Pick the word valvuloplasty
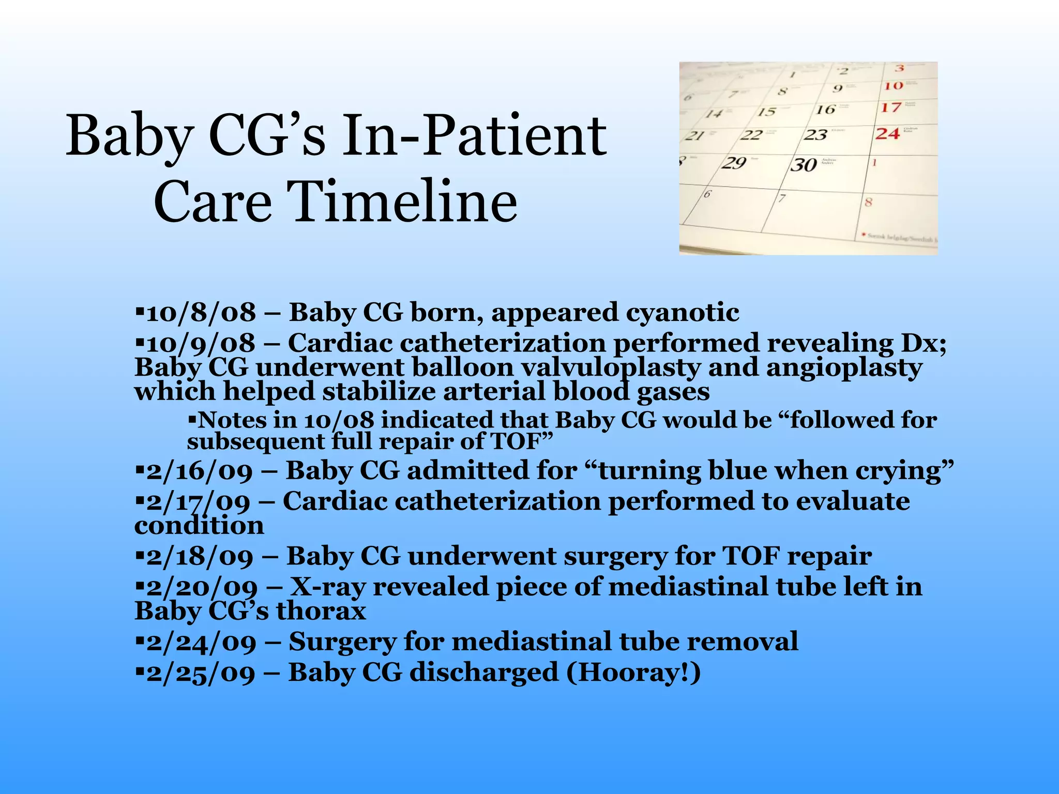pyautogui.click(x=610, y=368)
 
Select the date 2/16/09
pyautogui.click(x=200, y=471)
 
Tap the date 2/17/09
pyautogui.click(x=199, y=502)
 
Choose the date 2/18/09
pyautogui.click(x=200, y=557)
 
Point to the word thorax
pyautogui.click(x=321, y=611)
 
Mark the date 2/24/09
pyautogui.click(x=201, y=642)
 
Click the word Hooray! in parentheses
pyautogui.click(x=633, y=673)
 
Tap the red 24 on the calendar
pyautogui.click(x=887, y=134)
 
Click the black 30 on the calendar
pyautogui.click(x=803, y=165)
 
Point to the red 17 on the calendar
pyautogui.click(x=891, y=108)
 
